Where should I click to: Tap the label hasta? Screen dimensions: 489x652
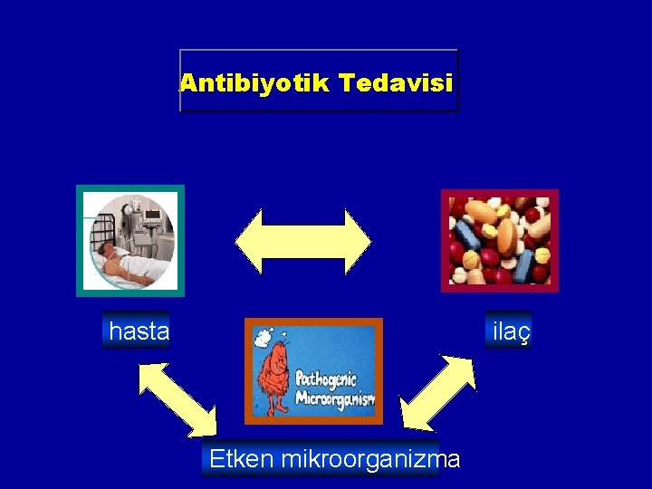tap(139, 332)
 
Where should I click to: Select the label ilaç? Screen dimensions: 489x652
tap(509, 332)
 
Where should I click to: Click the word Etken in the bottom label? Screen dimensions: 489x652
tap(242, 459)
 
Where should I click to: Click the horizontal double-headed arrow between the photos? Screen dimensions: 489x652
tap(302, 242)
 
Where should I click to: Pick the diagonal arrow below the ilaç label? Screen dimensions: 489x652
tap(438, 391)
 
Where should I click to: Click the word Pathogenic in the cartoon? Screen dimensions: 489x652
tap(327, 379)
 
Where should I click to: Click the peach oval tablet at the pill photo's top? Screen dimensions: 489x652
tap(483, 211)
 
